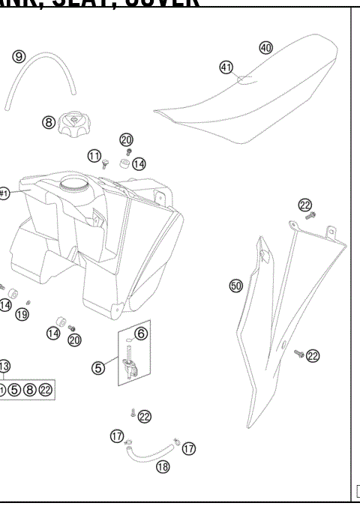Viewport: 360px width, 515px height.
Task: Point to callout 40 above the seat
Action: [265, 47]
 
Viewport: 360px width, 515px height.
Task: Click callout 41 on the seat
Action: [226, 67]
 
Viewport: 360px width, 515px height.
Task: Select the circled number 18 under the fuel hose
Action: [162, 466]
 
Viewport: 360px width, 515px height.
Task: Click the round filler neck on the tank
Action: [73, 183]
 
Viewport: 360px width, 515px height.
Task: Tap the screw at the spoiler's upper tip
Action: [311, 216]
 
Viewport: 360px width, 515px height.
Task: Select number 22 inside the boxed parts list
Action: [46, 389]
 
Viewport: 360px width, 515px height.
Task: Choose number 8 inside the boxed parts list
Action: [30, 389]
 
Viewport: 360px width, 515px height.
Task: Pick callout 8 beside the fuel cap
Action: [48, 121]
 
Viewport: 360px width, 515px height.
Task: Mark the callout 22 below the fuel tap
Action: [144, 416]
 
